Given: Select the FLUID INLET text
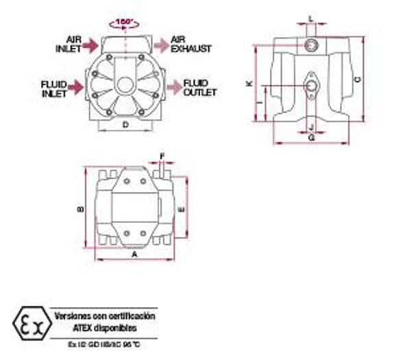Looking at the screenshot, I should pos(53,88).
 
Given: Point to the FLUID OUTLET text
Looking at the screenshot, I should pos(200,88).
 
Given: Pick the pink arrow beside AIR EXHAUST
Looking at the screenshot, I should pos(160,45).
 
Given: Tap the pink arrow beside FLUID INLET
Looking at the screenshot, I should pos(77,87).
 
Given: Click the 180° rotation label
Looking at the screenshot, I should pos(125,21).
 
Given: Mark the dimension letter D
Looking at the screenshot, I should pos(125,124).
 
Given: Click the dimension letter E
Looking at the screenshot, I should pos(180,208).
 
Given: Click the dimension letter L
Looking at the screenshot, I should pos(312,19).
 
